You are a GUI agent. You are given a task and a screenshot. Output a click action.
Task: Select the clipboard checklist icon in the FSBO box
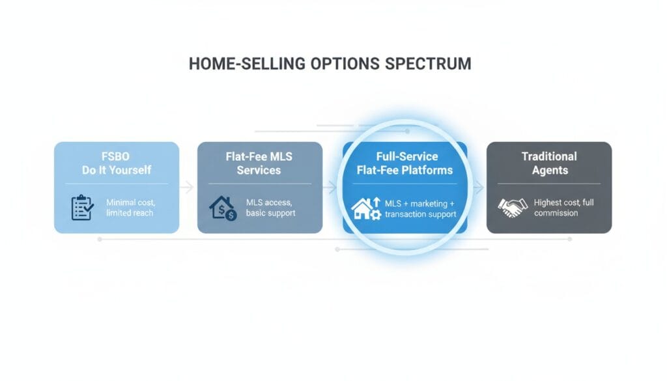click(83, 208)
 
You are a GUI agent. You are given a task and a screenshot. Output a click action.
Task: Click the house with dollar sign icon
click(223, 208)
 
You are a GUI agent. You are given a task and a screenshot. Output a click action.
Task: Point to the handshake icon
click(513, 208)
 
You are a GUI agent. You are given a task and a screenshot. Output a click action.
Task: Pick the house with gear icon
click(366, 208)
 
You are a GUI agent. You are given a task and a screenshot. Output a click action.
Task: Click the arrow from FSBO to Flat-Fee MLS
click(187, 187)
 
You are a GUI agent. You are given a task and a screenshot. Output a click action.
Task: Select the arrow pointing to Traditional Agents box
click(479, 187)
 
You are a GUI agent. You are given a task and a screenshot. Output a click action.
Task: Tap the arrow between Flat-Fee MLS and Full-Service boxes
click(330, 187)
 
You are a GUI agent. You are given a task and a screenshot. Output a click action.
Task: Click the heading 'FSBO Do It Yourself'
click(117, 163)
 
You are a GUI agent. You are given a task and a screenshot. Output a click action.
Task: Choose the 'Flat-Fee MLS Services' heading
click(259, 163)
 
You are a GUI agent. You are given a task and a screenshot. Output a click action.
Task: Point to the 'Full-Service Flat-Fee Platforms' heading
click(405, 163)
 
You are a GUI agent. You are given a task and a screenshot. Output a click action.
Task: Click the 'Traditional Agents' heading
click(550, 163)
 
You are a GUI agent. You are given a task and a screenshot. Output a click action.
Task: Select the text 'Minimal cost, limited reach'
click(130, 208)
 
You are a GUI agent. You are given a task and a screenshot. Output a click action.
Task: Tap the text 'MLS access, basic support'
click(270, 208)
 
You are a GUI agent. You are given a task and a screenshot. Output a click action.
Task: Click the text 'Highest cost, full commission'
click(563, 208)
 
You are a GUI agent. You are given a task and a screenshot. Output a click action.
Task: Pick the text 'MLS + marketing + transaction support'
click(420, 209)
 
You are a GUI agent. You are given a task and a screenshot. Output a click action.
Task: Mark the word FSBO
click(116, 156)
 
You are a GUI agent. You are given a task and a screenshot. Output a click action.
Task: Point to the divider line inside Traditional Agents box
click(549, 184)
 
